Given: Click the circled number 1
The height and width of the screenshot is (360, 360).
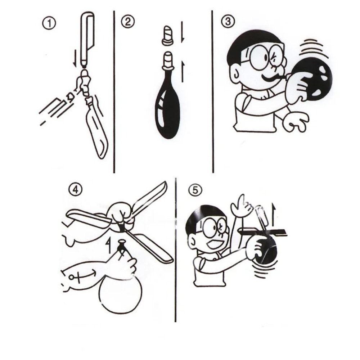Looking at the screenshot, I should (49, 24).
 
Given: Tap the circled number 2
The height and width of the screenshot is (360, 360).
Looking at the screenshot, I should (127, 22).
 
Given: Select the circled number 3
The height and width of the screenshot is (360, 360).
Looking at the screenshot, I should (228, 22).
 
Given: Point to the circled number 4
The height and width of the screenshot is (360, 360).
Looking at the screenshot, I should (75, 190).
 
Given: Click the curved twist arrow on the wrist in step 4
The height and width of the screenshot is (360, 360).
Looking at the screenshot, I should (80, 276).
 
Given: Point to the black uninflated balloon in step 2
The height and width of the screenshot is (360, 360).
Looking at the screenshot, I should (167, 108).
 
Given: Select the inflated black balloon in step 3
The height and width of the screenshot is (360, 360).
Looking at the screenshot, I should (314, 79).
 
